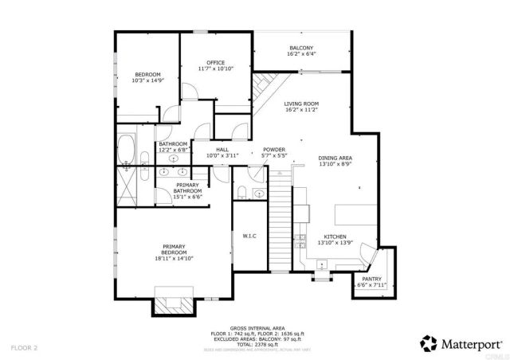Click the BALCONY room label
[x=301, y=48]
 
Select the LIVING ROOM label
[x=301, y=104]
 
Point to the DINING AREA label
[x=335, y=158]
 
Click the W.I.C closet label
[x=249, y=237]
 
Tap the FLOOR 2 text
[x=24, y=348]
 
